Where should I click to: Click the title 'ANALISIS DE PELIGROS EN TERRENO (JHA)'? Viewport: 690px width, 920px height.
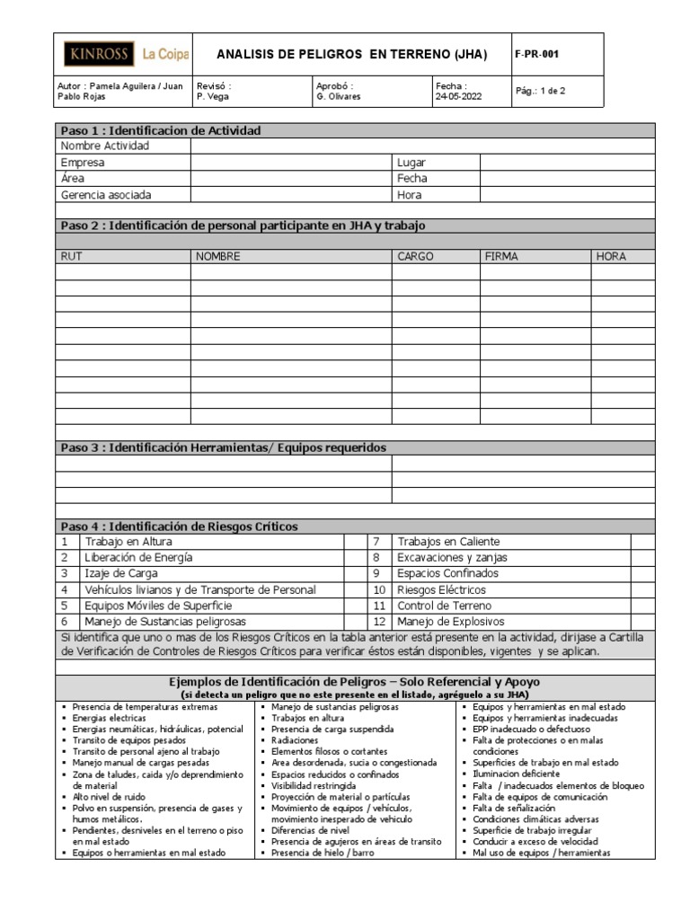pyautogui.click(x=353, y=55)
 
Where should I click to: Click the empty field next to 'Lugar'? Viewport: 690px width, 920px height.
pyautogui.click(x=568, y=163)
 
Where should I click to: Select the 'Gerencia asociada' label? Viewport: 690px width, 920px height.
pyautogui.click(x=106, y=195)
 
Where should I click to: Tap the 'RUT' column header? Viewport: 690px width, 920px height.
pyautogui.click(x=72, y=256)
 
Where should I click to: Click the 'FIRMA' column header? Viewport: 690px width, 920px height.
pyautogui.click(x=502, y=256)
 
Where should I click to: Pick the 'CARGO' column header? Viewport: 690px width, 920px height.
pyautogui.click(x=415, y=256)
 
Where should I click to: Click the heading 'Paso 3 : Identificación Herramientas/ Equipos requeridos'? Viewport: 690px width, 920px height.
pyautogui.click(x=223, y=447)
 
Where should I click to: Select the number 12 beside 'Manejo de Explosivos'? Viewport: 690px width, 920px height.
pyautogui.click(x=378, y=622)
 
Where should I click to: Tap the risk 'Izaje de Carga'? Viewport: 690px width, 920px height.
pyautogui.click(x=121, y=573)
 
